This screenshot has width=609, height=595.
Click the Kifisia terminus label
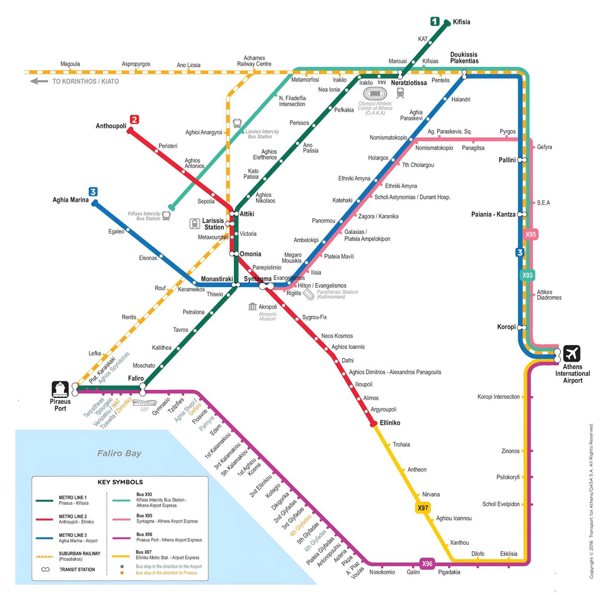(x=461, y=22)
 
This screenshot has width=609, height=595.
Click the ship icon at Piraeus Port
(x=60, y=389)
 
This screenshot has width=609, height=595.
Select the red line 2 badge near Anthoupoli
(x=134, y=119)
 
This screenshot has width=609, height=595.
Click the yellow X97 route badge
(x=423, y=508)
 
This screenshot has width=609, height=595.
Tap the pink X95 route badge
(x=530, y=234)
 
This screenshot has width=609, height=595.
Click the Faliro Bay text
(x=119, y=453)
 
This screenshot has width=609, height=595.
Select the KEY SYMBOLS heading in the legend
(x=120, y=482)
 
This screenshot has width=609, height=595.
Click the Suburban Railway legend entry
(x=79, y=556)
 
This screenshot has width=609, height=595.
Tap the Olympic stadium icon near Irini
(x=375, y=93)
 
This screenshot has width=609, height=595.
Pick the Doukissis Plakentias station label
(x=464, y=58)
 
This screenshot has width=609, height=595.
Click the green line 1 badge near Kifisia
(x=435, y=21)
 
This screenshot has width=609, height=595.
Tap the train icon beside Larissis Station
(x=194, y=224)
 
